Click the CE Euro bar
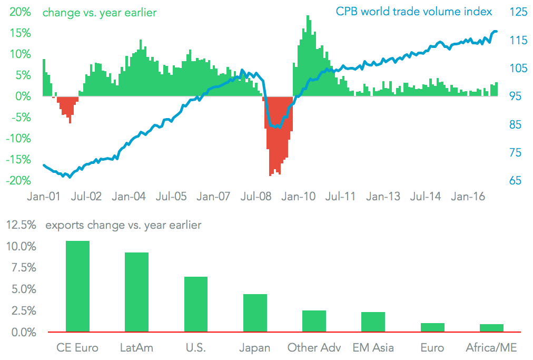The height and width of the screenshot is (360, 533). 77,286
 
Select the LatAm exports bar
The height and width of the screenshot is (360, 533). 136,292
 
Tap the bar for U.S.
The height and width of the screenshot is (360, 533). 196,304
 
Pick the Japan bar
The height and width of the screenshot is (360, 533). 255,313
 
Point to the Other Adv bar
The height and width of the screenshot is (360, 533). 314,321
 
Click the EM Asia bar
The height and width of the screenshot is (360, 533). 373,322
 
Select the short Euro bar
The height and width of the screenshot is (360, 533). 432,327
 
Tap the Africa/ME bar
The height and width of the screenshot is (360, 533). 492,328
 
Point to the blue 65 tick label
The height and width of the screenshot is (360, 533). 513,180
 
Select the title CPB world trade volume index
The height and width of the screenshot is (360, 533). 414,11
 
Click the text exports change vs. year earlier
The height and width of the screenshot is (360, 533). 123,225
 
